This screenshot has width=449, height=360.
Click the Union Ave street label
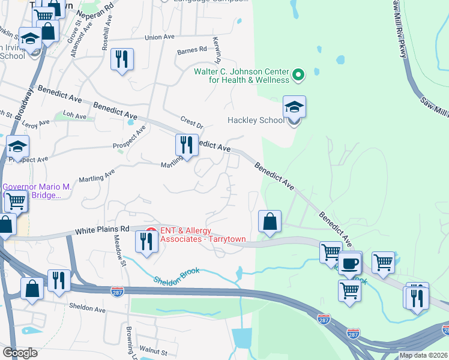[159, 37]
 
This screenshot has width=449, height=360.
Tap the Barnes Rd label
[191, 52]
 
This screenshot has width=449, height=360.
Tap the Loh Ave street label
[74, 114]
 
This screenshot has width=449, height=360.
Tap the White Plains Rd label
[102, 229]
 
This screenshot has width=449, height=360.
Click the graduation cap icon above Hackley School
[294, 107]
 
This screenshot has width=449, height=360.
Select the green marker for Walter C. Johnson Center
[298, 75]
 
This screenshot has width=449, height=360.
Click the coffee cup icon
[349, 263]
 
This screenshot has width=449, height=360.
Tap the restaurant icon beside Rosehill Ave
[122, 59]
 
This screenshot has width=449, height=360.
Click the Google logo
[20, 353]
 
